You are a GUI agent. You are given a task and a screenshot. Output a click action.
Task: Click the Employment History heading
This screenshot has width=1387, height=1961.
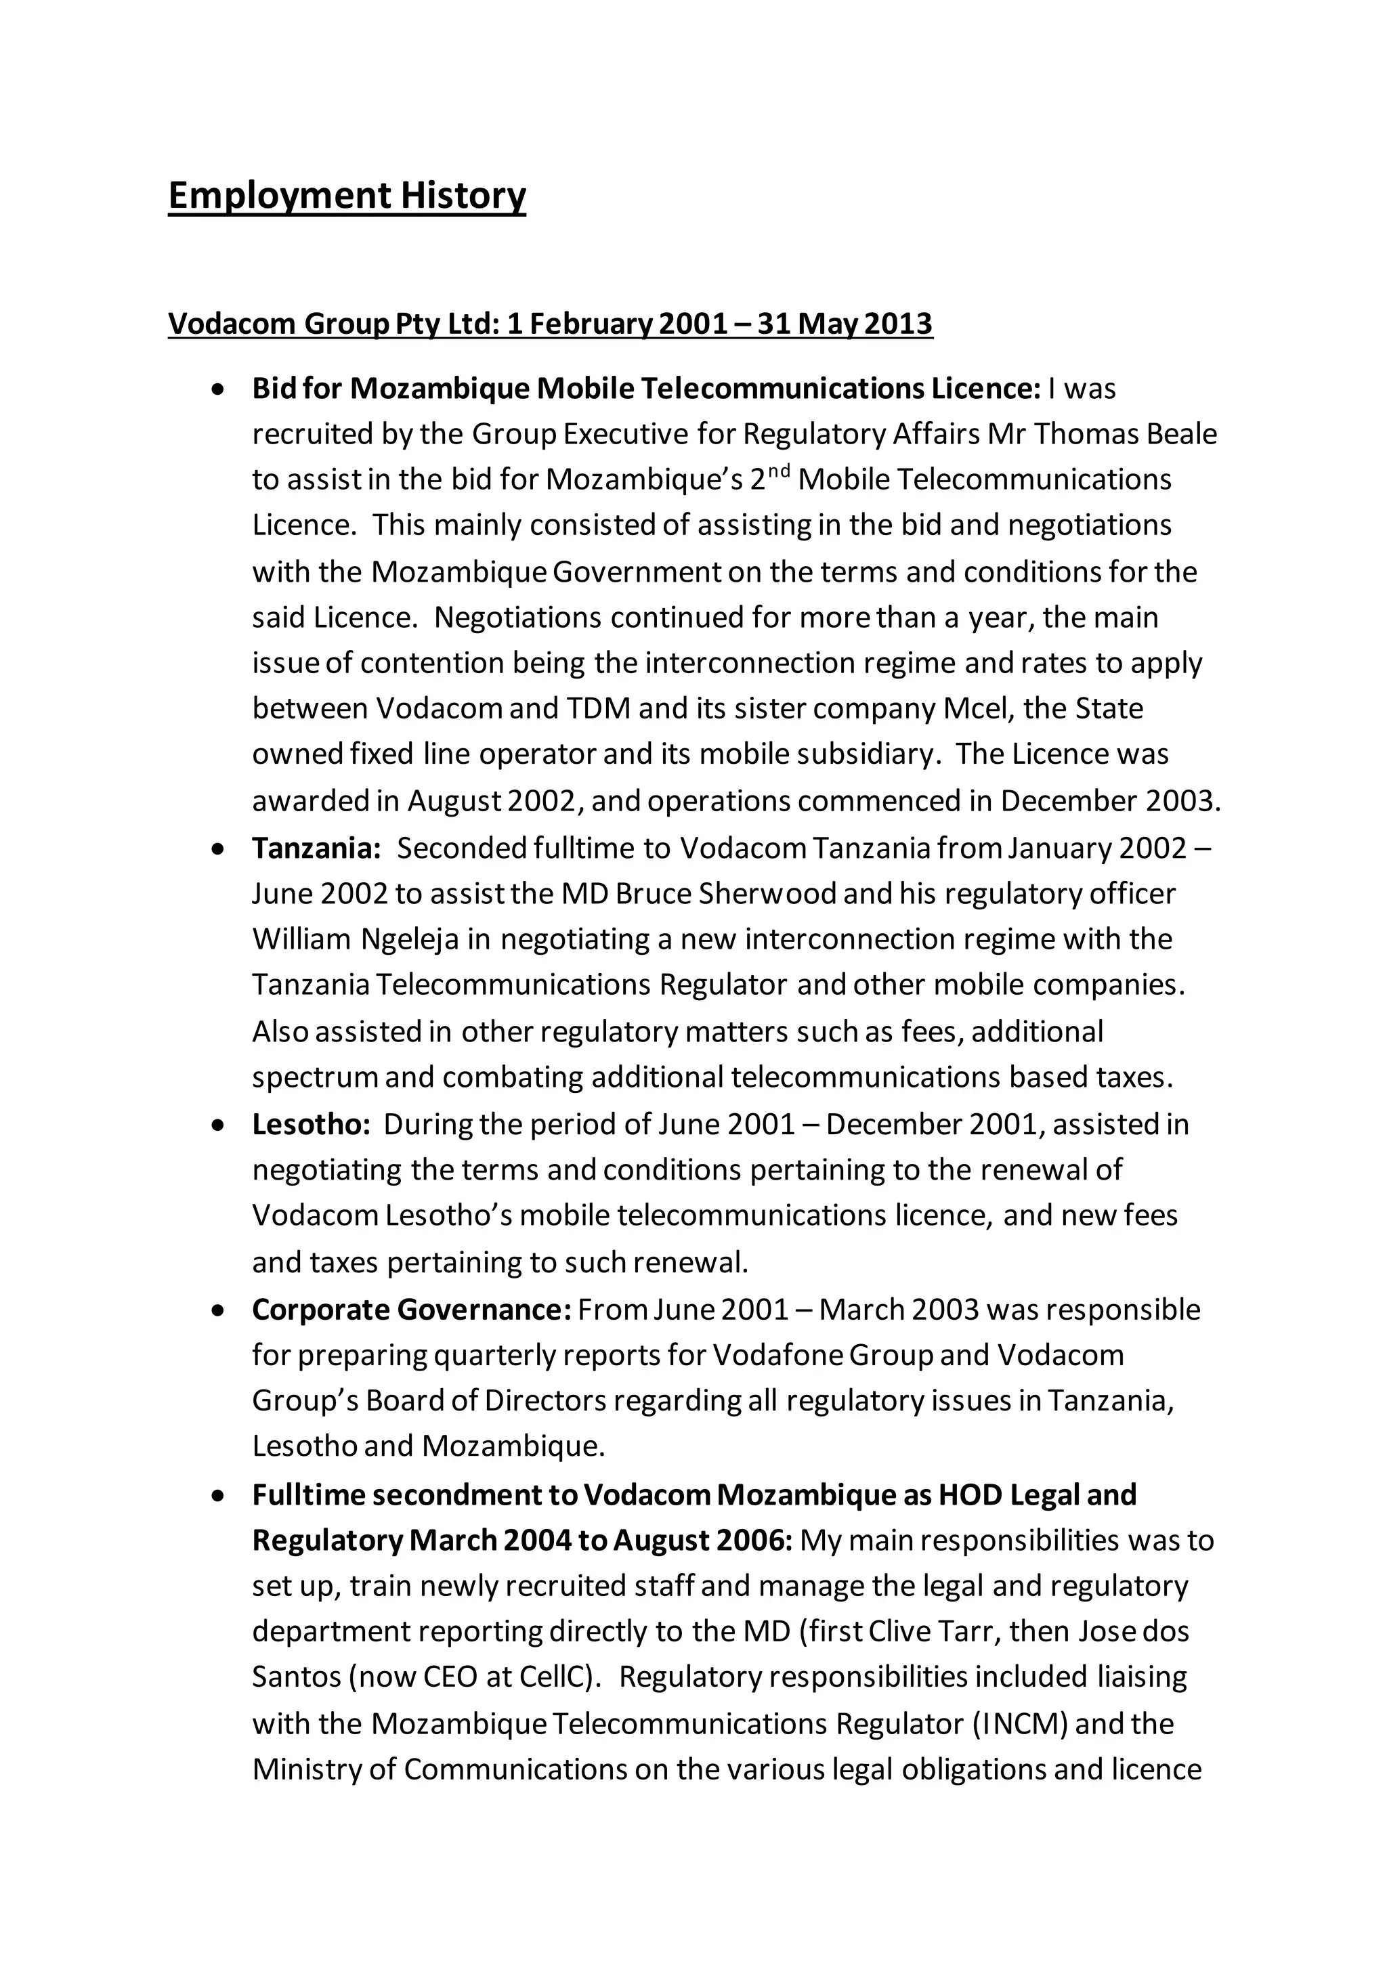(x=347, y=196)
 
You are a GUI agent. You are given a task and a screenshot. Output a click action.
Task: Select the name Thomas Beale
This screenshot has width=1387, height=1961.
(x=1126, y=435)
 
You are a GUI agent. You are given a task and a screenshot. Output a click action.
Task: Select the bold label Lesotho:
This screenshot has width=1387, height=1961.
(x=311, y=1125)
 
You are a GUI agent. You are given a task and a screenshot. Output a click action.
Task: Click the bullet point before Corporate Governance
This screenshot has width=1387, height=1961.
(x=219, y=1311)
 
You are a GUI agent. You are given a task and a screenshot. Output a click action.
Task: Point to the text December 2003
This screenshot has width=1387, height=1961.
(x=1107, y=801)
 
